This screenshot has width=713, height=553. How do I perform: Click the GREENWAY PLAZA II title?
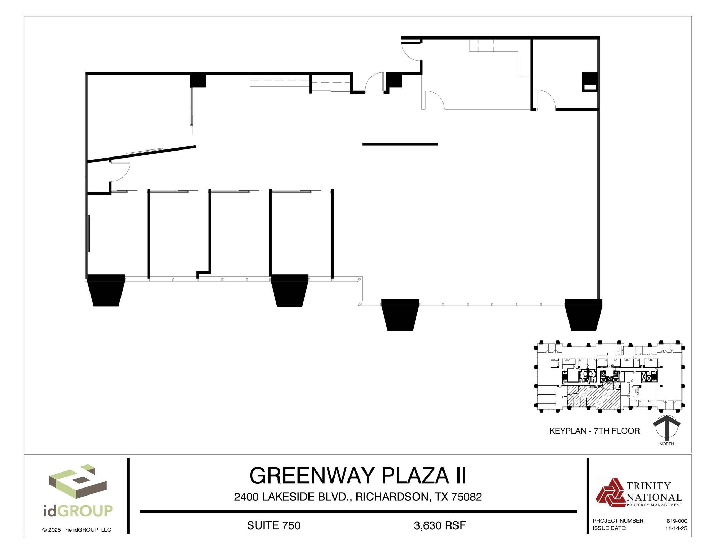click(x=358, y=476)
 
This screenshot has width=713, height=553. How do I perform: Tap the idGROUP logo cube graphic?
click(x=77, y=483)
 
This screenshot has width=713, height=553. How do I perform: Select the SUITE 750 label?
click(x=274, y=525)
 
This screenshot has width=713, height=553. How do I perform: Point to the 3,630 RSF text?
click(x=440, y=525)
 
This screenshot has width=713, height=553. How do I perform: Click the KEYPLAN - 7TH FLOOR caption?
click(x=594, y=431)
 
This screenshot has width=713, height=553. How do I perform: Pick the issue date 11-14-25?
click(x=676, y=528)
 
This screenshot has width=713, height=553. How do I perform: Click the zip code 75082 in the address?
click(x=467, y=497)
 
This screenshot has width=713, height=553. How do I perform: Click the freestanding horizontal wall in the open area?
click(x=400, y=144)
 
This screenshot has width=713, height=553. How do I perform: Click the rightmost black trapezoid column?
click(x=583, y=314)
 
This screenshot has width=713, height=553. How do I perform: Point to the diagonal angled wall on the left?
click(x=141, y=154)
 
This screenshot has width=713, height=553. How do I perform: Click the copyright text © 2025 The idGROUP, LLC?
click(x=77, y=530)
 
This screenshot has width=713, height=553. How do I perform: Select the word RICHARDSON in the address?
click(x=392, y=497)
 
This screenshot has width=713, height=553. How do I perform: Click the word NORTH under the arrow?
click(x=666, y=444)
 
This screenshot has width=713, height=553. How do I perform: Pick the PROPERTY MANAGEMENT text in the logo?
click(x=654, y=505)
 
